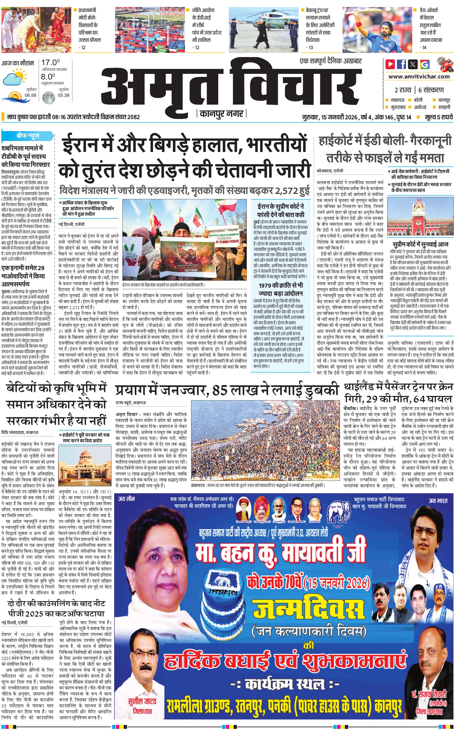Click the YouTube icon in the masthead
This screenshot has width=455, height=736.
click(x=390, y=64)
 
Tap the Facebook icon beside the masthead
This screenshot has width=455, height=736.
click(x=402, y=64)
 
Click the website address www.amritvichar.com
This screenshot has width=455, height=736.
click(x=419, y=77)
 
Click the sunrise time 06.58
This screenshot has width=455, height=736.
click(x=30, y=95)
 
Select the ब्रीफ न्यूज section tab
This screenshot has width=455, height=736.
click(x=28, y=136)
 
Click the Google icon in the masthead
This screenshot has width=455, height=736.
click(x=425, y=64)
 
